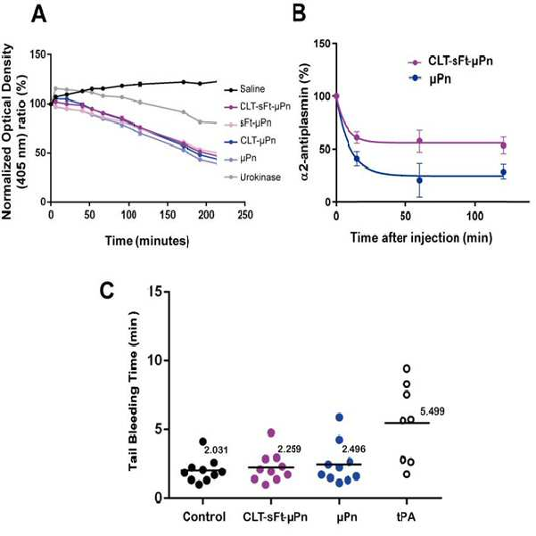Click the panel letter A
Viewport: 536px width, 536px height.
point(38,14)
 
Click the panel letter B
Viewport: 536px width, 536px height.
point(300,14)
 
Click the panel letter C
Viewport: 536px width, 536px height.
point(106,291)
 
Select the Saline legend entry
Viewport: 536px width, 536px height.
point(244,89)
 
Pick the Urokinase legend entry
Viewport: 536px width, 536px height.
point(252,177)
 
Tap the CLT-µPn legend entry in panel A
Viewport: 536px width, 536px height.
point(250,141)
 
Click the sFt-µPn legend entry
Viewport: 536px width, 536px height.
point(248,123)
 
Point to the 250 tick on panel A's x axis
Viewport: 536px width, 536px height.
point(244,215)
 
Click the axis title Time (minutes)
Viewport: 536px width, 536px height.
point(147,241)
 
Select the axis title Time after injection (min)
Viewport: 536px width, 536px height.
point(421,237)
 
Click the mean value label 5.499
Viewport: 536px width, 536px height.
point(433,411)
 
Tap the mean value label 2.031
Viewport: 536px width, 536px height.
point(216,449)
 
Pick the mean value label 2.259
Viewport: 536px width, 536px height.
point(289,449)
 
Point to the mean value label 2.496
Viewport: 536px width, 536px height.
point(354,449)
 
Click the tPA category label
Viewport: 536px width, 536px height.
point(407,516)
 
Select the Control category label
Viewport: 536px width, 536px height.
point(204,516)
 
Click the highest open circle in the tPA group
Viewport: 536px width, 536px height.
point(407,368)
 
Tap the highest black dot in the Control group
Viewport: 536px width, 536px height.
point(202,441)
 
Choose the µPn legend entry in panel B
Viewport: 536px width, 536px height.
point(430,78)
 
